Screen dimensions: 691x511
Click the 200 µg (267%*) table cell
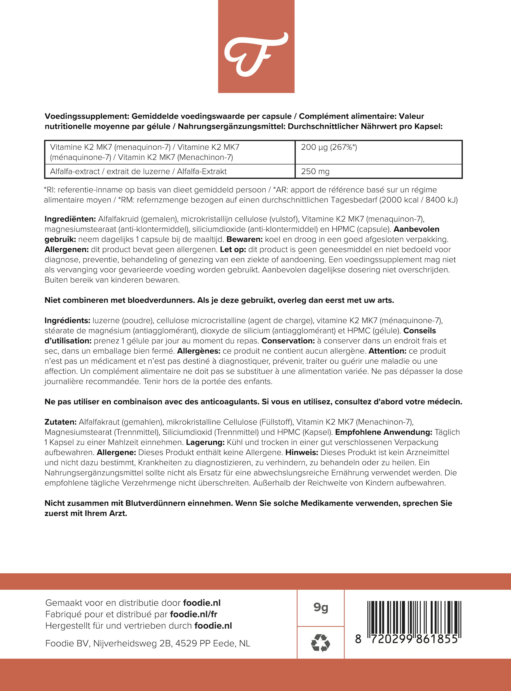[329, 147]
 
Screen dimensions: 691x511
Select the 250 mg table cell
[315, 171]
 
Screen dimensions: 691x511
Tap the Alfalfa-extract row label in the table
[138, 171]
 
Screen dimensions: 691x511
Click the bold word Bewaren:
[244, 239]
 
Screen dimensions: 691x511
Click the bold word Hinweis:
[301, 452]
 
